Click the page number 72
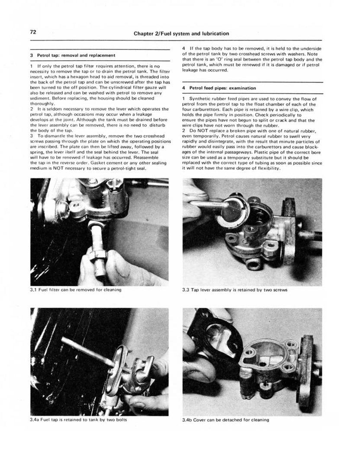click(33, 33)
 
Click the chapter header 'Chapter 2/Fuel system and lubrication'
click(181, 33)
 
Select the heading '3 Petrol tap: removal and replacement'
click(73, 55)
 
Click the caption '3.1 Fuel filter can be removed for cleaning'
click(76, 290)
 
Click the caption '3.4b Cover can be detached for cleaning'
click(225, 419)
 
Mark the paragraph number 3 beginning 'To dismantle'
click(32, 136)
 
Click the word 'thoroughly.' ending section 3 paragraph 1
click(42, 104)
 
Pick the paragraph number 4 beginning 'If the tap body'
click(184, 48)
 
